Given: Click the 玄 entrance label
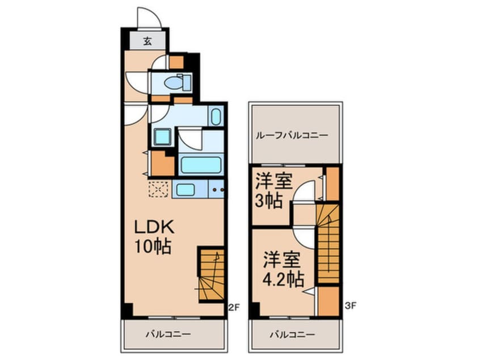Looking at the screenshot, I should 147,41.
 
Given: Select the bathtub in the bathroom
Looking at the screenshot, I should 200,165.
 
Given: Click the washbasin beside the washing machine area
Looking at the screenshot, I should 216,117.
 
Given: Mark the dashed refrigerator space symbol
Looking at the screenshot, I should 157,189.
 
